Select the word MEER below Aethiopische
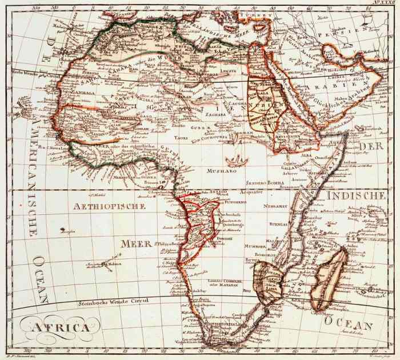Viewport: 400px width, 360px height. [135, 243]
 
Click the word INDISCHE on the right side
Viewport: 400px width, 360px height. [355, 196]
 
